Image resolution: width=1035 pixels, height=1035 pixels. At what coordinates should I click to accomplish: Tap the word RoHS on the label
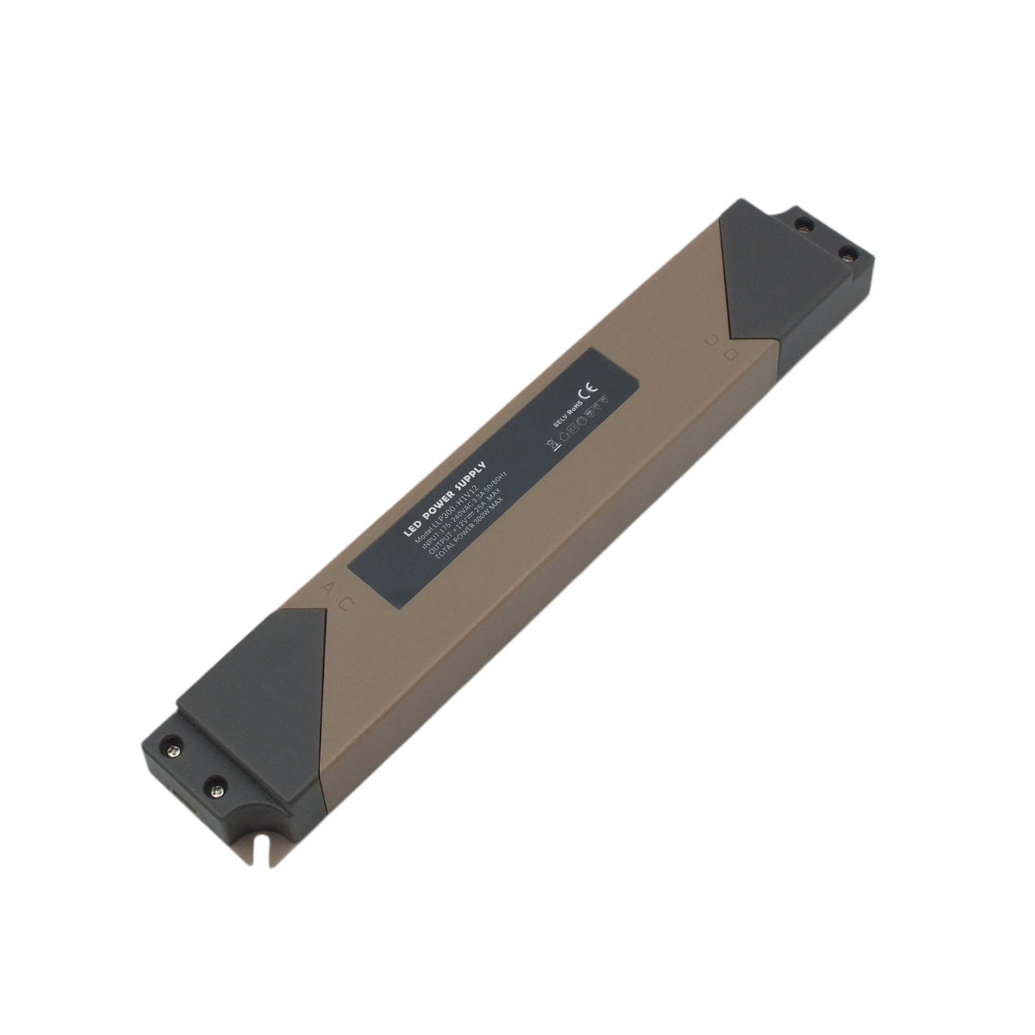(x=572, y=410)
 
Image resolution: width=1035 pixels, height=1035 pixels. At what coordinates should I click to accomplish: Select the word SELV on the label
(x=557, y=421)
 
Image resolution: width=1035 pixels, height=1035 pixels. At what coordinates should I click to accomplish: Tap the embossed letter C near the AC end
(x=345, y=602)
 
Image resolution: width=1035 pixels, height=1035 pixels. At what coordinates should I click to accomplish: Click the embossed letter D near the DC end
(x=731, y=353)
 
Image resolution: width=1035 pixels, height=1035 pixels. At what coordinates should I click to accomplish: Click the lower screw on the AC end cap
(x=214, y=789)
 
